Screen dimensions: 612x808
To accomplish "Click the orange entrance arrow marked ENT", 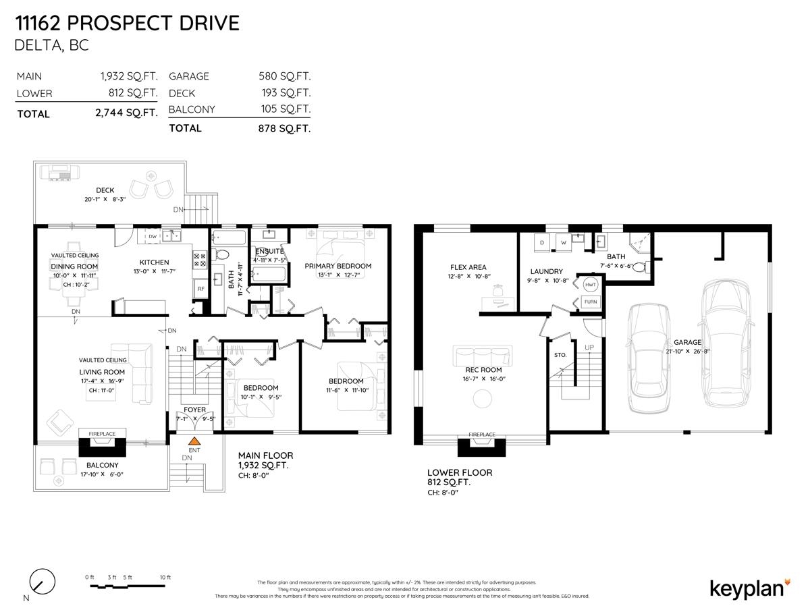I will pyautogui.click(x=194, y=441).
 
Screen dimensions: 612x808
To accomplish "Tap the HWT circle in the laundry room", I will pyautogui.click(x=590, y=284).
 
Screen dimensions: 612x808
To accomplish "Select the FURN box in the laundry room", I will pyautogui.click(x=590, y=302).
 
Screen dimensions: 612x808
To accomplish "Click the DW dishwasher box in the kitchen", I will pyautogui.click(x=153, y=237).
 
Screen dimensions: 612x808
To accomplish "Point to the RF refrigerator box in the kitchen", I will pyautogui.click(x=200, y=289).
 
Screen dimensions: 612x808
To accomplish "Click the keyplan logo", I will pyautogui.click(x=749, y=588).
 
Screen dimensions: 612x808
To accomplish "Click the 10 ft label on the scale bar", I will pyautogui.click(x=165, y=578).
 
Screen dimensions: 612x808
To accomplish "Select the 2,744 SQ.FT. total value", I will pyautogui.click(x=127, y=113).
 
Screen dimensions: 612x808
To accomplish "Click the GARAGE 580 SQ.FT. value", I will pyautogui.click(x=284, y=76).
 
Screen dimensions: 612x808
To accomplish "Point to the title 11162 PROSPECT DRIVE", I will pyautogui.click(x=127, y=24).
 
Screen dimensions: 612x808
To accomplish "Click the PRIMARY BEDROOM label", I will pyautogui.click(x=338, y=266).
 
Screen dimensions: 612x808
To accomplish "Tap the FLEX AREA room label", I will pyautogui.click(x=468, y=267).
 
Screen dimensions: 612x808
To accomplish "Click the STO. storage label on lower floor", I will pyautogui.click(x=560, y=354).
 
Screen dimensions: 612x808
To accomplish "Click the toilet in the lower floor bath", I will pyautogui.click(x=640, y=267).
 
